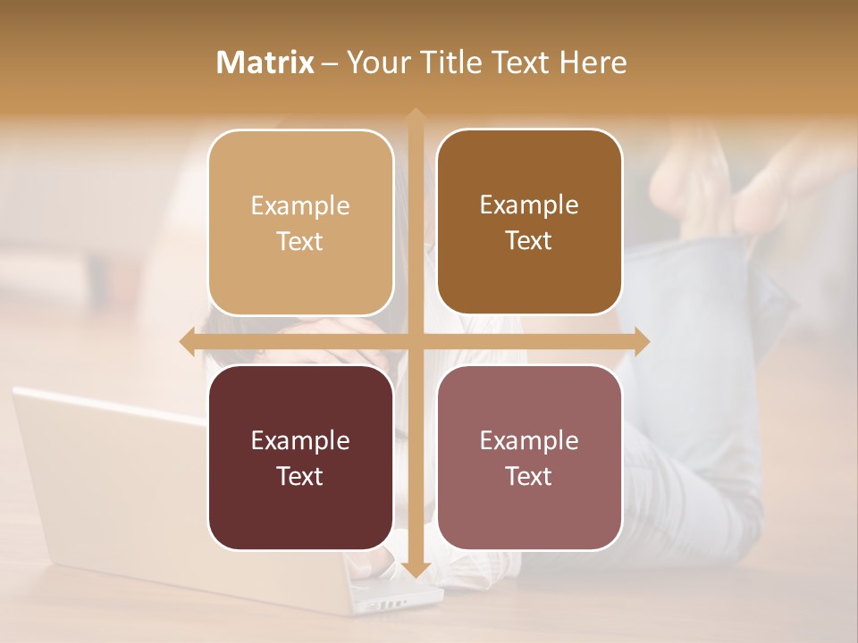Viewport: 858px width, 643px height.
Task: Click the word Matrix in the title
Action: pyautogui.click(x=265, y=63)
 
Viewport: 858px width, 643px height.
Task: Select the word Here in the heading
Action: pyautogui.click(x=593, y=63)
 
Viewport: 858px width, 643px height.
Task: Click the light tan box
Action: pyautogui.click(x=300, y=222)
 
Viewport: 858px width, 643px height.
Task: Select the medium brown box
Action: pyautogui.click(x=529, y=222)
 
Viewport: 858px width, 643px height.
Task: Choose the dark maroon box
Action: pyautogui.click(x=300, y=457)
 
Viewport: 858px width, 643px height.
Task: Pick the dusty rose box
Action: pyautogui.click(x=529, y=457)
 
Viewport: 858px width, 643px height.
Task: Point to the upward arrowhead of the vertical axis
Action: pyautogui.click(x=415, y=116)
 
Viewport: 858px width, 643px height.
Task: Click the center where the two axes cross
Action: pyautogui.click(x=415, y=341)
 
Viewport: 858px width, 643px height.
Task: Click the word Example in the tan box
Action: pyautogui.click(x=300, y=205)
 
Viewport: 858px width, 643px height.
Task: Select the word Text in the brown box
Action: pyautogui.click(x=529, y=241)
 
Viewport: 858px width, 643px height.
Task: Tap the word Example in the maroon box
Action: pyautogui.click(x=300, y=440)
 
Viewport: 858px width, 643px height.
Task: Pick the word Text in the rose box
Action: pyautogui.click(x=529, y=476)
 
